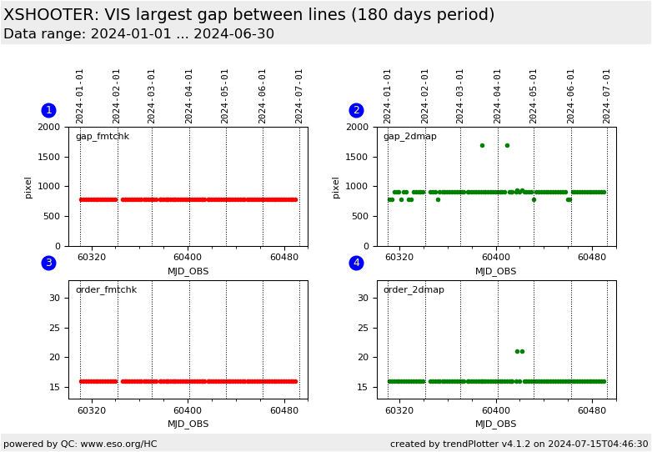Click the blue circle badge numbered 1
[48, 110]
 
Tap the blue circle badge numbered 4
[356, 264]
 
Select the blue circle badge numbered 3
[48, 264]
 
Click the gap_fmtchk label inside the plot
[102, 137]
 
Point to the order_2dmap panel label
[414, 290]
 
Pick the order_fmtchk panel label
[106, 290]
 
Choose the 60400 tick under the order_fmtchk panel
[188, 411]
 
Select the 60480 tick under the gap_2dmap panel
[592, 258]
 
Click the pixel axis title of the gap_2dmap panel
[335, 187]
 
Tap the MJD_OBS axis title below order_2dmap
[496, 424]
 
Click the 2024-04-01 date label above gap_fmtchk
[189, 96]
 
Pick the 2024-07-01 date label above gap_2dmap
[607, 96]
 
